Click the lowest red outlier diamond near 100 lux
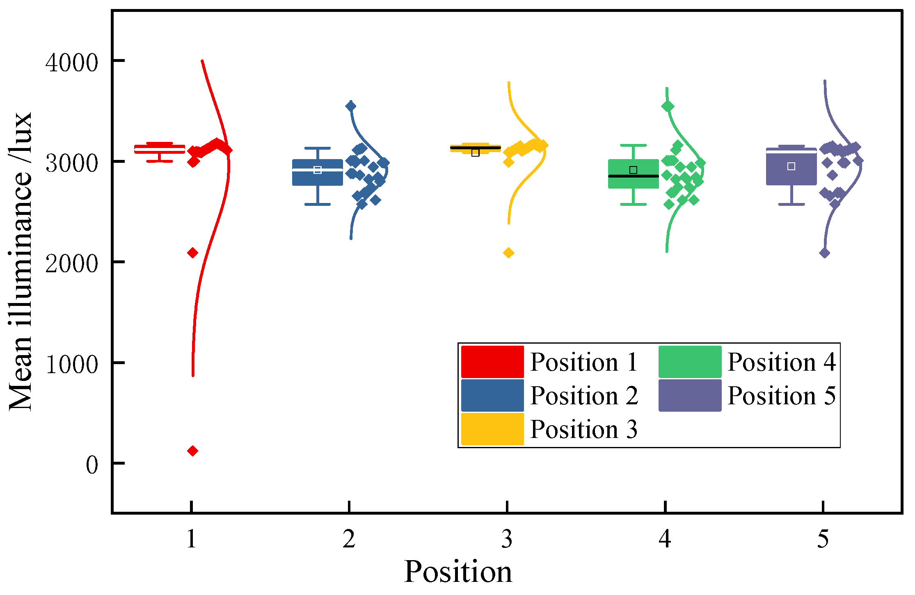click(192, 451)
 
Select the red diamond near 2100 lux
click(192, 253)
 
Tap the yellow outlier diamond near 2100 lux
click(508, 253)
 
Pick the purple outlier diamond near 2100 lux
click(824, 253)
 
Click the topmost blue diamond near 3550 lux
click(350, 106)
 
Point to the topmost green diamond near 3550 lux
click(668, 106)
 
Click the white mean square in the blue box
click(317, 170)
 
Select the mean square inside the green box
click(633, 170)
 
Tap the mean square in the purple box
click(791, 166)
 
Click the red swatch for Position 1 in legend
click(492, 362)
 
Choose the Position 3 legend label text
click(583, 429)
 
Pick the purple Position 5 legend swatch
click(690, 395)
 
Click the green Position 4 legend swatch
click(690, 362)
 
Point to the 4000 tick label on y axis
click(72, 63)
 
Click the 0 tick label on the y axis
click(92, 465)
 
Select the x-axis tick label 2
click(349, 539)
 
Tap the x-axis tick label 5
click(823, 539)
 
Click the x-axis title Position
click(458, 572)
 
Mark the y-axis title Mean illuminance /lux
click(21, 261)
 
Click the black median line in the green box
click(633, 176)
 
